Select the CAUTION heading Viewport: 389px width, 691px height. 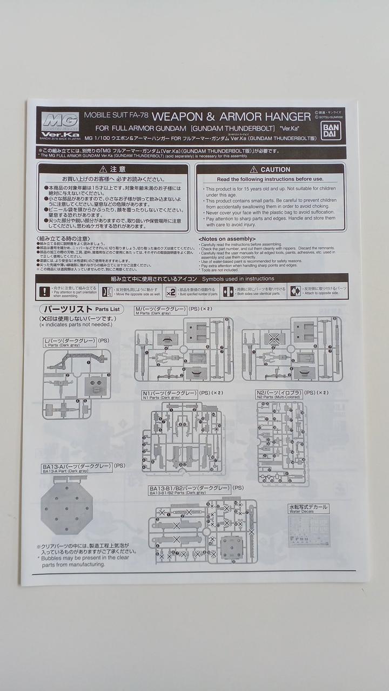pos(271,170)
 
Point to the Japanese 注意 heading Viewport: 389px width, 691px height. pos(113,170)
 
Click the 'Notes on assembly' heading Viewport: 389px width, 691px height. pos(227,239)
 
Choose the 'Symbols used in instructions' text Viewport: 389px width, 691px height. pos(238,279)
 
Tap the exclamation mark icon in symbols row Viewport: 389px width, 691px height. pos(45,292)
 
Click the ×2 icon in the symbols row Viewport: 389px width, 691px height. pos(170,292)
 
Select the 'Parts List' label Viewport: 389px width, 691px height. pos(108,309)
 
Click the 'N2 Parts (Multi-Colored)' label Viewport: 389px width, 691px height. pos(279,397)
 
